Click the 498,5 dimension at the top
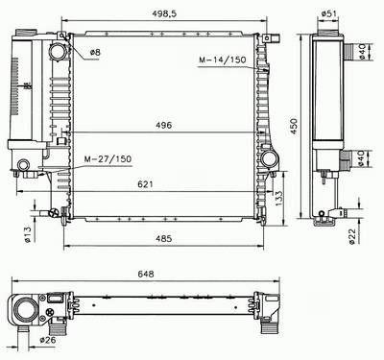point(164,13)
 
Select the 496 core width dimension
point(164,125)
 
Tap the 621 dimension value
point(146,184)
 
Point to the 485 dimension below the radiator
point(164,238)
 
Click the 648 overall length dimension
point(146,274)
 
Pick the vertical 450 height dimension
point(294,127)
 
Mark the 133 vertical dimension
point(278,199)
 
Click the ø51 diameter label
point(328,13)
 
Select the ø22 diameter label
point(352,237)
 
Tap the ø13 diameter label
point(28,234)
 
